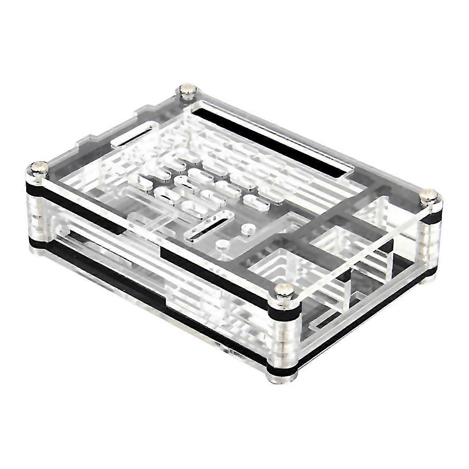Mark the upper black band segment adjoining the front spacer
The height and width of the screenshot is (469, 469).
click(215, 277)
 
